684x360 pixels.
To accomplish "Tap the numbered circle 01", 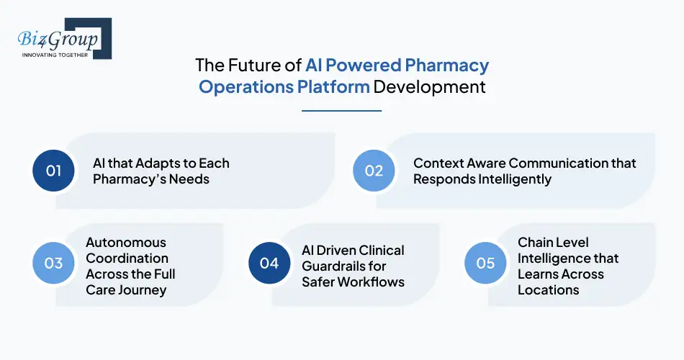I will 54,171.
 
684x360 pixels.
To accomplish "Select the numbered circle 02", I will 374,171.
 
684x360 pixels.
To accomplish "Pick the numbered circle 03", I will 54,263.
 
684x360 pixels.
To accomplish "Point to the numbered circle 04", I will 269,263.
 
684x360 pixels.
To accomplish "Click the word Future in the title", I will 256,66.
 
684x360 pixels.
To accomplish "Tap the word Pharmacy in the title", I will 446,66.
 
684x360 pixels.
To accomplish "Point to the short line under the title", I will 341,111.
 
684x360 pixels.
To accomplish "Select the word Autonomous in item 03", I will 126,243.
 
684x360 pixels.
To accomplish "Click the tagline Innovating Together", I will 55,55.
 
